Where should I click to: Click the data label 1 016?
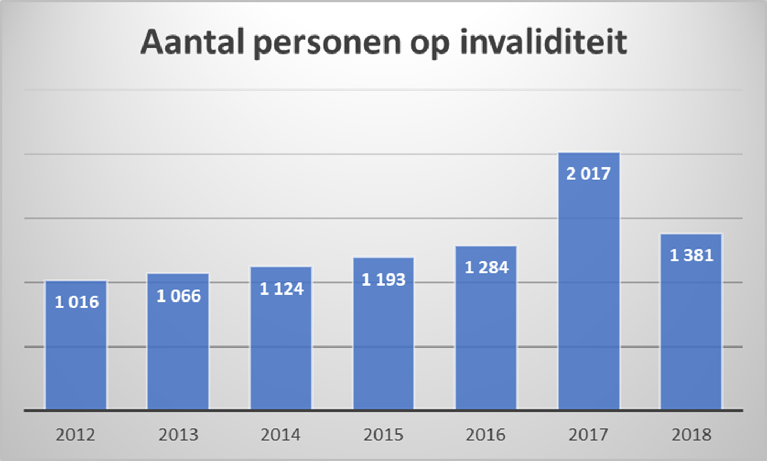77,302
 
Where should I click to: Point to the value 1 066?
179,296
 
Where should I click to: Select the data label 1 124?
281,289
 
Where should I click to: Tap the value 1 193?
384,279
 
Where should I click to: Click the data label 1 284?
486,268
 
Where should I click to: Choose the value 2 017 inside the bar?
588,173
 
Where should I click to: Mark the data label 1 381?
691,255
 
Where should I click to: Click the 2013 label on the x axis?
179,435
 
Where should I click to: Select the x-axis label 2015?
384,435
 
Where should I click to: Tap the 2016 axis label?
486,435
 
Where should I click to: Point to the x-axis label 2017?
588,435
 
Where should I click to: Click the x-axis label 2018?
691,435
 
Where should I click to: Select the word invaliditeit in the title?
543,41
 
